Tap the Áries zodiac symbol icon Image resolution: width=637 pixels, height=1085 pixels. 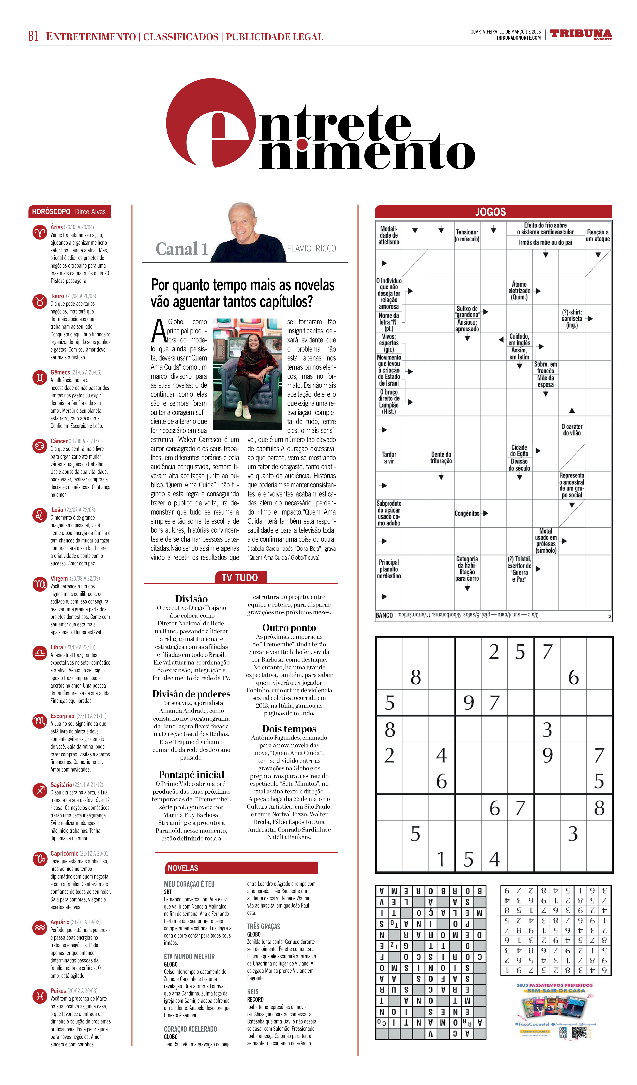(40, 233)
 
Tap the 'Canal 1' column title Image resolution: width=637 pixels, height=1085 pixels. (182, 249)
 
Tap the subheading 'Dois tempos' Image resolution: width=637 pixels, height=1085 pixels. (289, 729)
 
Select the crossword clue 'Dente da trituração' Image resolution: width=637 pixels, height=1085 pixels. (441, 458)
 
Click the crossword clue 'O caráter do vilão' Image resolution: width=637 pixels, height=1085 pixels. (572, 430)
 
